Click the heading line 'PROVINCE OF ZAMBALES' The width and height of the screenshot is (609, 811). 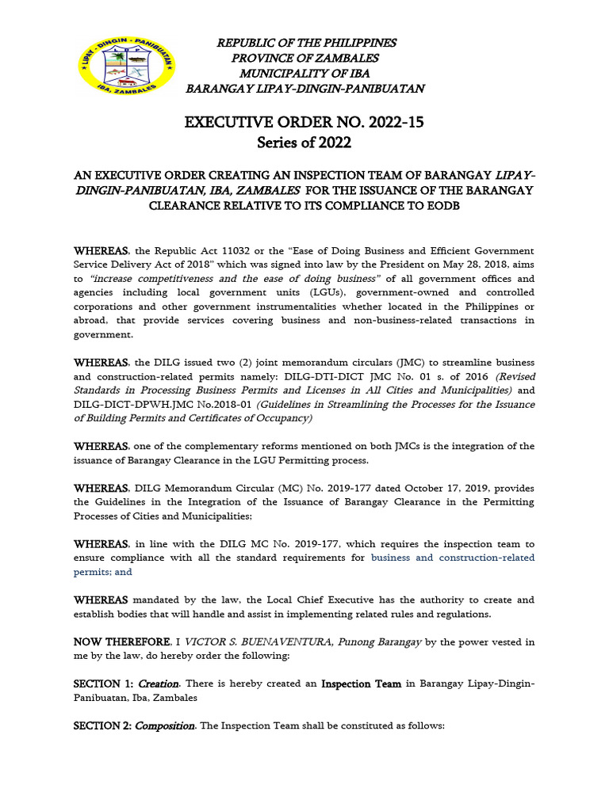(x=305, y=58)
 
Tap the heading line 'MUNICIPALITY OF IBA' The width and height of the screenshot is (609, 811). (x=305, y=74)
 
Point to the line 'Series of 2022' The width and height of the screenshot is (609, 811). (x=304, y=143)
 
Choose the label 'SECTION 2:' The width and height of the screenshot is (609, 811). (x=103, y=725)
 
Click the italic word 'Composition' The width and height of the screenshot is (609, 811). (x=166, y=725)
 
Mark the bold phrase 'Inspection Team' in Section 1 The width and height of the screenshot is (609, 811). (x=361, y=683)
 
